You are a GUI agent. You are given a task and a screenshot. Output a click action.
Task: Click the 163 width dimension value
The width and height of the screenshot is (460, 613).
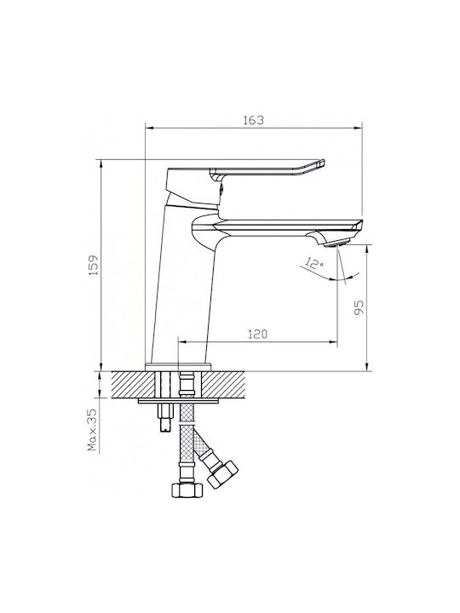254,120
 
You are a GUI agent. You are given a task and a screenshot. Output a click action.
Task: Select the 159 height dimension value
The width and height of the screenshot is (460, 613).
94,266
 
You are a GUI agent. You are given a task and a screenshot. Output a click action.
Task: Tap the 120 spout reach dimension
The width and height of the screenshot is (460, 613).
258,335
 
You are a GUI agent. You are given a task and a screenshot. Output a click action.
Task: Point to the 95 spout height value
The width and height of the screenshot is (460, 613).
359,307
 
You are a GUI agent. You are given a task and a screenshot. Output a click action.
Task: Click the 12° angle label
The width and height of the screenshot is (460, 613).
314,263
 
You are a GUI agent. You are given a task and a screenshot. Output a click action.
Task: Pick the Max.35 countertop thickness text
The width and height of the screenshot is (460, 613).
92,430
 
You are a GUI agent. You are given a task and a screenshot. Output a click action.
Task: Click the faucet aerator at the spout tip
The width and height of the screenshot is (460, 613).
336,243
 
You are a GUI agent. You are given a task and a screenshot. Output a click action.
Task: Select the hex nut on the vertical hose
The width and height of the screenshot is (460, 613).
187,490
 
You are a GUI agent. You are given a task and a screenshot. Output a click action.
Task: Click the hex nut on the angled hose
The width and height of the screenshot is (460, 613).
222,474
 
